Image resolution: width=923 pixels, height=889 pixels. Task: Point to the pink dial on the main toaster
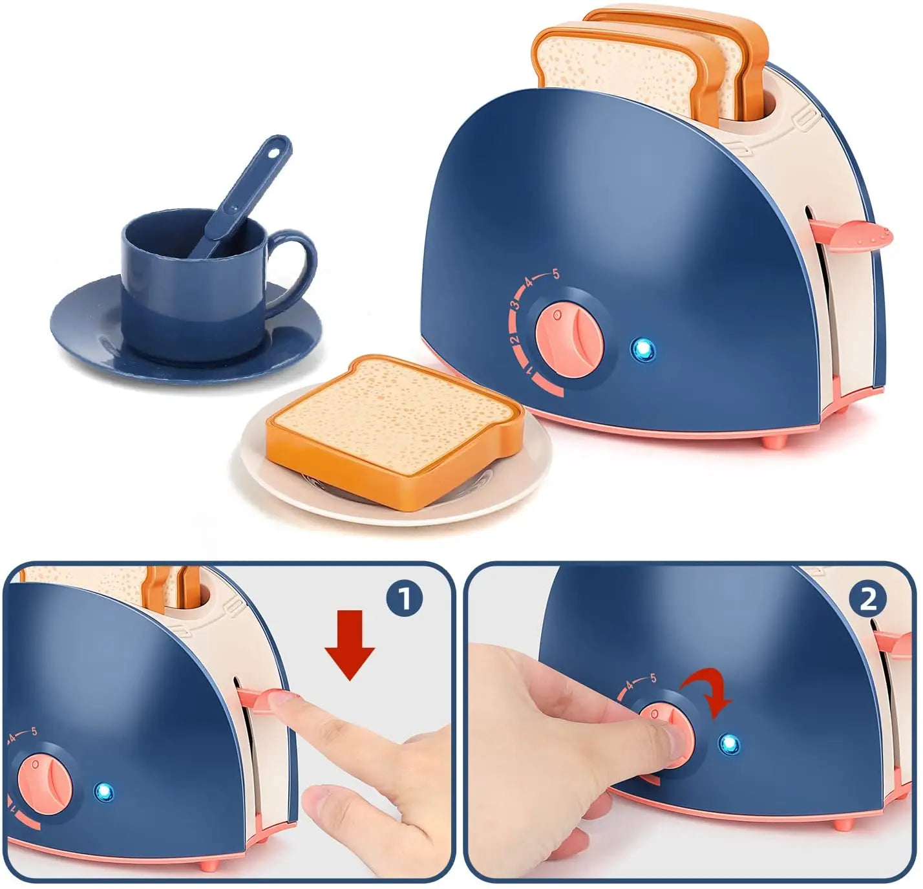pos(569,343)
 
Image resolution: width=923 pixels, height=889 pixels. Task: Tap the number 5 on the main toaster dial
pos(555,274)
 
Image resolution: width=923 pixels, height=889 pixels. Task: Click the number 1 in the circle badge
pos(405,599)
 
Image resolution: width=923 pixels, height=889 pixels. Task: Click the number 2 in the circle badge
pos(868,599)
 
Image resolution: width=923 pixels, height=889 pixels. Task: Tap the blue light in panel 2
pos(729,744)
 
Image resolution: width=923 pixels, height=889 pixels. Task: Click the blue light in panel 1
pos(104,791)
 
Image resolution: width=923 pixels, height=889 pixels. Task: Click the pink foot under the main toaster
pos(774,442)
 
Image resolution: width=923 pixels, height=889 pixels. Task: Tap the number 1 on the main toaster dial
pos(529,372)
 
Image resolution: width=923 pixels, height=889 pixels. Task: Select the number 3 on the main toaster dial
pos(516,305)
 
